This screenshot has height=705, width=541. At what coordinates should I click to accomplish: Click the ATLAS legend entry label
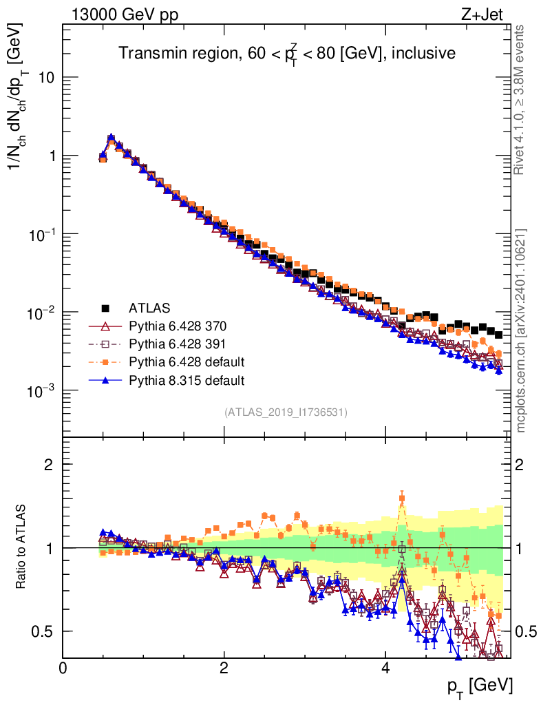coord(149,307)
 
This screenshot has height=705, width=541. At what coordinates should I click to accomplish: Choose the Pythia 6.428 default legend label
coord(187,361)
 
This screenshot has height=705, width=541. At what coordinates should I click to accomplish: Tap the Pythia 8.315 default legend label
coord(187,379)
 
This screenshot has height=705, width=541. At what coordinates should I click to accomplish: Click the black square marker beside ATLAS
coord(105,307)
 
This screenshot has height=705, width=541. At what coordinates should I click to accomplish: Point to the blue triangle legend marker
coord(105,379)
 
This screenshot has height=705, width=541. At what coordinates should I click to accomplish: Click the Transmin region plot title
coord(286,52)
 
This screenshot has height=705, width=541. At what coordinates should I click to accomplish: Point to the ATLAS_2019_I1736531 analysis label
coord(286,412)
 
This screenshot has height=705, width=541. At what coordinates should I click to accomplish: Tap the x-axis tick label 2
coord(224,668)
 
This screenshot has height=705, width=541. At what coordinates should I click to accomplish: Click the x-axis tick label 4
coord(385,668)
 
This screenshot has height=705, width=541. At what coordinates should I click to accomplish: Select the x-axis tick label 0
coord(63,668)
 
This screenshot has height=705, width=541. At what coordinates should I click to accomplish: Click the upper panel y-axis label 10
coord(46,77)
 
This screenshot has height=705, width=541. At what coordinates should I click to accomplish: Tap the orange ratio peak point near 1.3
coord(402,498)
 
